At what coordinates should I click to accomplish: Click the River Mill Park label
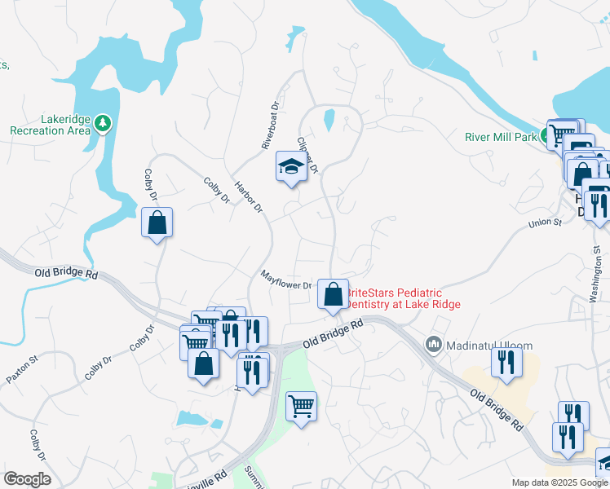click(501, 137)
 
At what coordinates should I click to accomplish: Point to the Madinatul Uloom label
click(480, 346)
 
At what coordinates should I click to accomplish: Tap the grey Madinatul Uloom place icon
click(434, 346)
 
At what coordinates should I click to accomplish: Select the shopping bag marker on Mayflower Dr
click(333, 295)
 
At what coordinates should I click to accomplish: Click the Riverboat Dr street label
click(270, 125)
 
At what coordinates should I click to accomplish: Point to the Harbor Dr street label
click(249, 196)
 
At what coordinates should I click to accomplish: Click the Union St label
click(546, 222)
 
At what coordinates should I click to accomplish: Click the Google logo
click(28, 479)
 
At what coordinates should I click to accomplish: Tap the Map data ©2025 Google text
click(559, 482)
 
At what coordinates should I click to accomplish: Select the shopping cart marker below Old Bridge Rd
click(301, 406)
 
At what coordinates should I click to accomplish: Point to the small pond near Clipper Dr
click(329, 120)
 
